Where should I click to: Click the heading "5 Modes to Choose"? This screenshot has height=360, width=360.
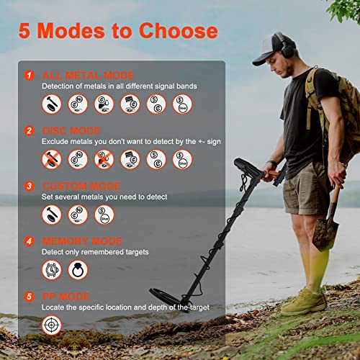pos(119,31)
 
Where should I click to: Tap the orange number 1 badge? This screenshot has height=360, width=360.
pos(29,75)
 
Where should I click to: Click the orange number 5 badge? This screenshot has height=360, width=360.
pos(29,297)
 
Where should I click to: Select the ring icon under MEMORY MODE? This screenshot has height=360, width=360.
pos(78,269)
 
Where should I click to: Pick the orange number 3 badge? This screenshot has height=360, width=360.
pos(29,186)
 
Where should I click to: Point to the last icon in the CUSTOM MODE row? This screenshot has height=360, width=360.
pos(104,214)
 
